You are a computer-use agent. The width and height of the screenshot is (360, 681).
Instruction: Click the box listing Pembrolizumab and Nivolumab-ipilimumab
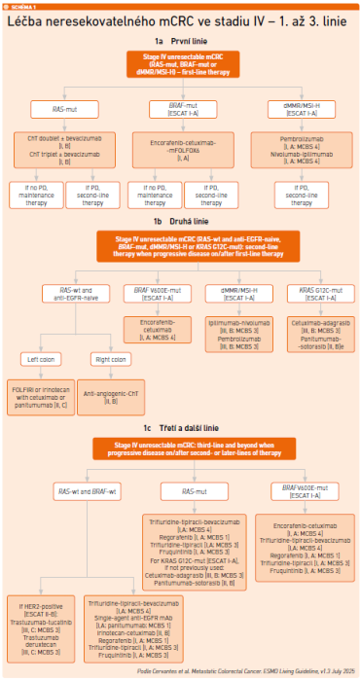301,148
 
